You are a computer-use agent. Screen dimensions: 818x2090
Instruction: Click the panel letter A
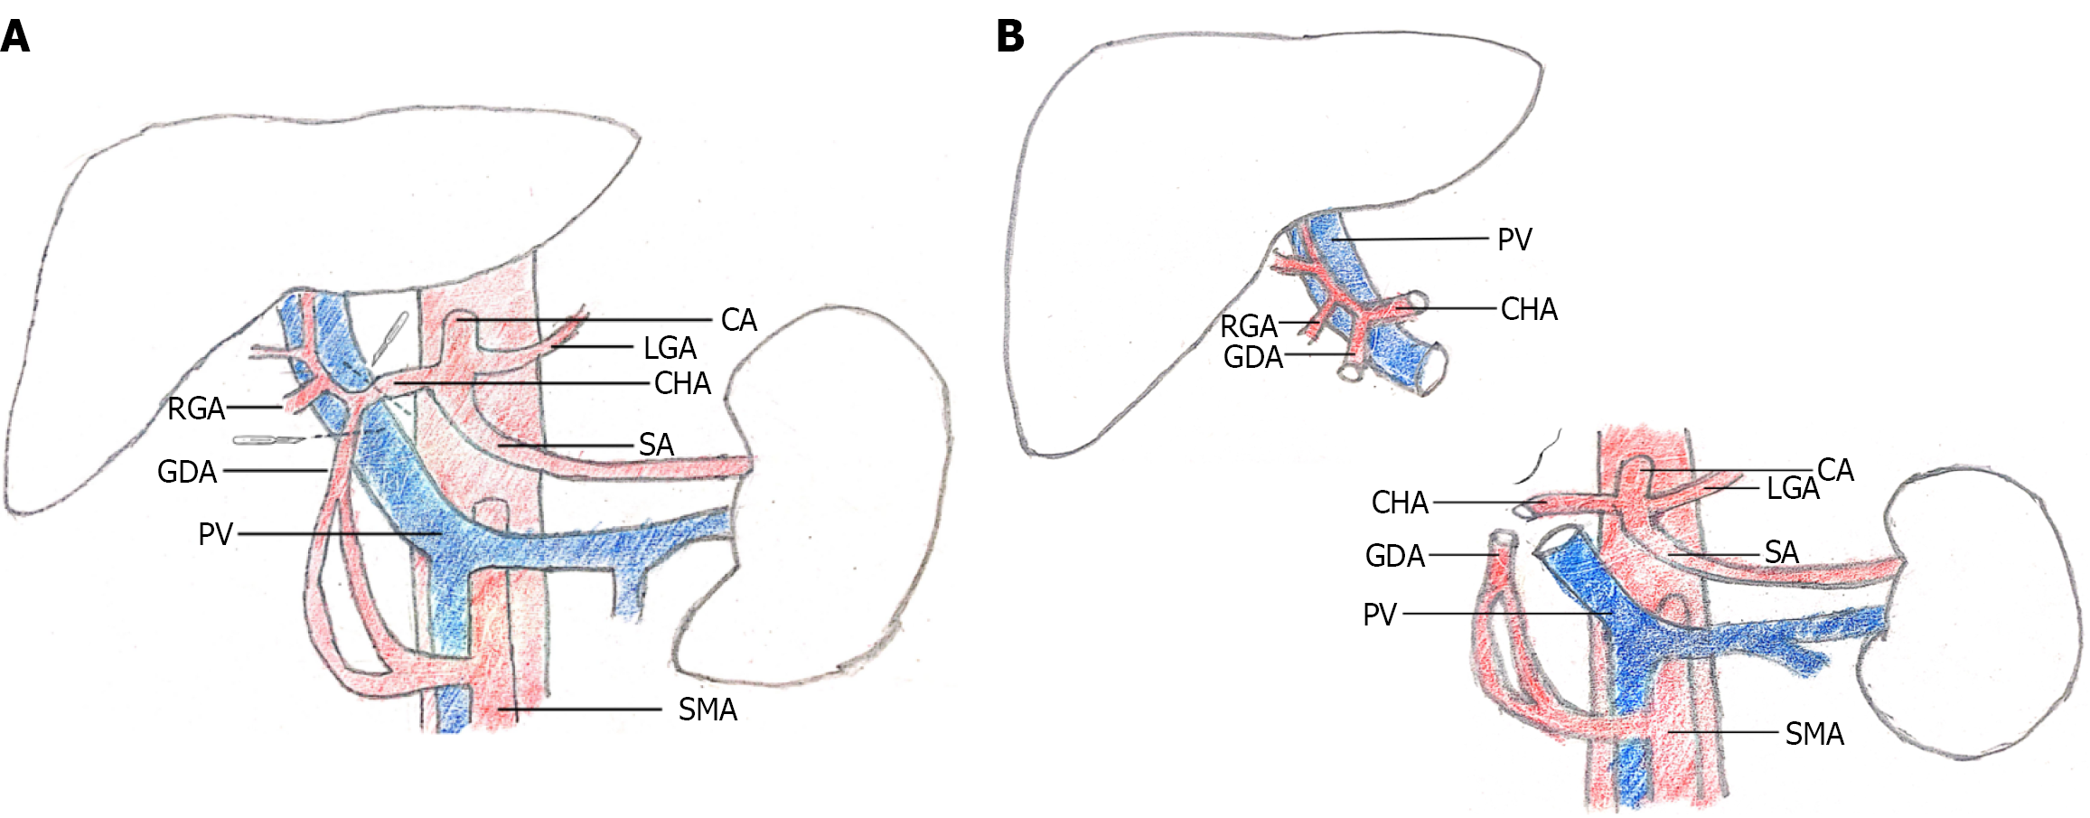pyautogui.click(x=15, y=37)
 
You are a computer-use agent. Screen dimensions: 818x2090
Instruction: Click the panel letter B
pyautogui.click(x=1010, y=37)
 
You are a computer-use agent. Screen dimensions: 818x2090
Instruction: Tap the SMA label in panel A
pyautogui.click(x=708, y=710)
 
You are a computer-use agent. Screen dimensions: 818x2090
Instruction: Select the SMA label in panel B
pyautogui.click(x=1814, y=734)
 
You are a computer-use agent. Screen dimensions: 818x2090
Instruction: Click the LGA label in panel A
pyautogui.click(x=670, y=348)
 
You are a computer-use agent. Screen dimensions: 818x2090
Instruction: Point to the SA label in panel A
pyautogui.click(x=656, y=446)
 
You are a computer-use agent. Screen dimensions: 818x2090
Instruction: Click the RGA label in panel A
pyautogui.click(x=196, y=409)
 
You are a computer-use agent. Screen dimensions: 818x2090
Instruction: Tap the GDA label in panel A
pyautogui.click(x=187, y=472)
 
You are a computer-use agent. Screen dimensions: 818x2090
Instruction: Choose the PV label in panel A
pyautogui.click(x=215, y=534)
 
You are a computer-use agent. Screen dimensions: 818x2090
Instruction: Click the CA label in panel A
pyautogui.click(x=738, y=320)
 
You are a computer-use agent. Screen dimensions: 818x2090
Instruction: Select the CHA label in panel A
pyautogui.click(x=682, y=384)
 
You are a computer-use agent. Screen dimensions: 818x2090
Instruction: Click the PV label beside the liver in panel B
pyautogui.click(x=1514, y=240)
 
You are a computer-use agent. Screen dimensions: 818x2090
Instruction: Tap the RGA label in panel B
pyautogui.click(x=1248, y=326)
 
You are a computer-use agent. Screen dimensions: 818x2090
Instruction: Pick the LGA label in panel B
pyautogui.click(x=1792, y=489)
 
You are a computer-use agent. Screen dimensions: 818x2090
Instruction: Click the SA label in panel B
pyautogui.click(x=1781, y=552)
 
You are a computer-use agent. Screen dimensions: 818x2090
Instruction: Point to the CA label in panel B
pyautogui.click(x=1835, y=470)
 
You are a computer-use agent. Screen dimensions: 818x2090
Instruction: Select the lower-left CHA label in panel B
pyautogui.click(x=1400, y=503)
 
